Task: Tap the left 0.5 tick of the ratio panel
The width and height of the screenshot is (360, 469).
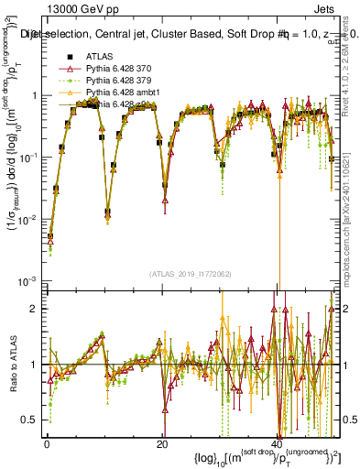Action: point(29,420)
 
